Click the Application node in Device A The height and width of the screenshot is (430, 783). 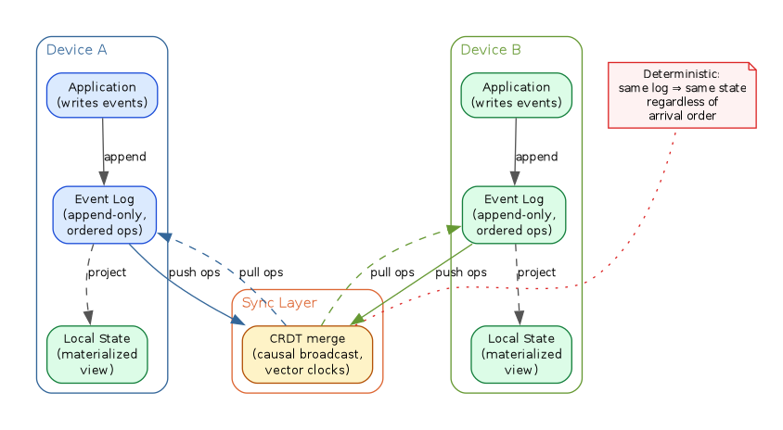[x=102, y=95]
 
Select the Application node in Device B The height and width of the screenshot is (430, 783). [x=516, y=95]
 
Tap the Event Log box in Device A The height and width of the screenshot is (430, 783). [x=104, y=214]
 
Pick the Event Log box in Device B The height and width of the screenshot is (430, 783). [x=513, y=214]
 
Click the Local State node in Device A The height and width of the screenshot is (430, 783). [x=96, y=354]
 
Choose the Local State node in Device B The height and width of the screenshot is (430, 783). [x=520, y=354]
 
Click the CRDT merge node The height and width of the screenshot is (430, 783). [x=307, y=354]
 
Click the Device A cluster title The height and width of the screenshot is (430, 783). [x=77, y=50]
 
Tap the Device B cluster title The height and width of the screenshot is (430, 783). [x=491, y=50]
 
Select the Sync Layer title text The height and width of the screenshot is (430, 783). [x=279, y=303]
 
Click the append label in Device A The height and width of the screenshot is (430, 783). [x=124, y=157]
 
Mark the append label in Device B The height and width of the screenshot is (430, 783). [x=536, y=157]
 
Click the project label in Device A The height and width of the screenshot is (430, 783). [x=107, y=272]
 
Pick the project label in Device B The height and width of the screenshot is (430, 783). [x=536, y=272]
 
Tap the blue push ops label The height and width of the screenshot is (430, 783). [x=195, y=272]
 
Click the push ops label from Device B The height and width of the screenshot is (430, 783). [x=461, y=272]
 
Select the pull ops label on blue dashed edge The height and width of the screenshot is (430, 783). [x=261, y=272]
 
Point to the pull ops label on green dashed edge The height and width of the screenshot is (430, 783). [x=392, y=272]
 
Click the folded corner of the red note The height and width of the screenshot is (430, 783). [x=751, y=67]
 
